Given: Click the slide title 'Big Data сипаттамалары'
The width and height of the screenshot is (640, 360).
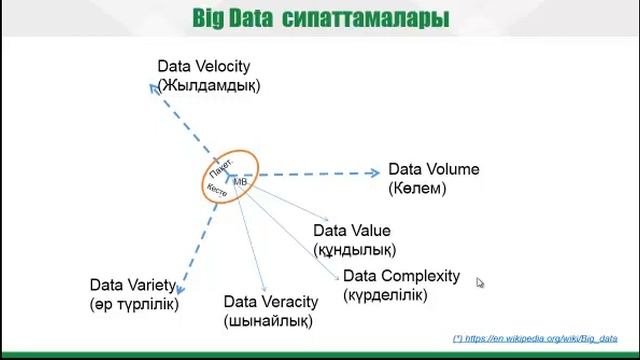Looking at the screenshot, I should coord(320,19).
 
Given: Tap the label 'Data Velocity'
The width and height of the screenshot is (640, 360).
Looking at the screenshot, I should coord(203,67).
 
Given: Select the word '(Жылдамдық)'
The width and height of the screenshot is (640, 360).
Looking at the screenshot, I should coord(209,85).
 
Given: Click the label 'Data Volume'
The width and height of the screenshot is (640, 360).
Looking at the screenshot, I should coord(433,169).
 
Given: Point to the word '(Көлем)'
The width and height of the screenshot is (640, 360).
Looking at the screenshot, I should coord(417,187).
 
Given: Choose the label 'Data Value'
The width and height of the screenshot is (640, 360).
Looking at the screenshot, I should coord(351,231).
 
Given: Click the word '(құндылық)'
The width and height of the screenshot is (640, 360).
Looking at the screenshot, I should coord(355,249).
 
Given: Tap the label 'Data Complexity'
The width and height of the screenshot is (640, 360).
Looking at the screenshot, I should coord(401,276).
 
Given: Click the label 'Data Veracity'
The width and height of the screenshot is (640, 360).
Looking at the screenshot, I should coord(270,302).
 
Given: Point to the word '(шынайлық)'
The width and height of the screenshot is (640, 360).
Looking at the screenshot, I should coord(268,321).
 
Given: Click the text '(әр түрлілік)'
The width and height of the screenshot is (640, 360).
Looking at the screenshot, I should coord(134,303).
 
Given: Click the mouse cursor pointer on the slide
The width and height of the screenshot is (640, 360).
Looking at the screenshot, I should coord(480,283).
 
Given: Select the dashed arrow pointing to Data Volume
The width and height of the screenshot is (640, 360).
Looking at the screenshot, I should coord(310,173).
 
